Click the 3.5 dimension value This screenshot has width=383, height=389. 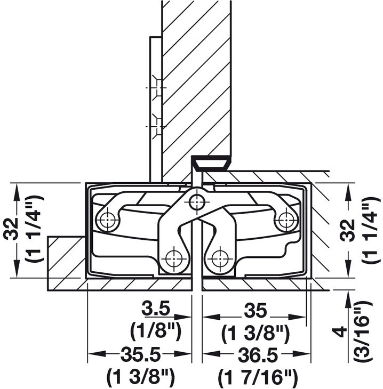pyautogui.click(x=155, y=309)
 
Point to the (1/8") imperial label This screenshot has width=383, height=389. pyautogui.click(x=155, y=330)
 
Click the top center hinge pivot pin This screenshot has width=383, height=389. pyautogui.click(x=197, y=202)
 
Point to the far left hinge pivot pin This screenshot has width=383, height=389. pyautogui.click(x=108, y=218)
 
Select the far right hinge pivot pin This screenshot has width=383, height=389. pyautogui.click(x=287, y=218)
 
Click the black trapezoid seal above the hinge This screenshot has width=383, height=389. pyautogui.click(x=211, y=163)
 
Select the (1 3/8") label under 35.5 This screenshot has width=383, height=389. pyautogui.click(x=140, y=377)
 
